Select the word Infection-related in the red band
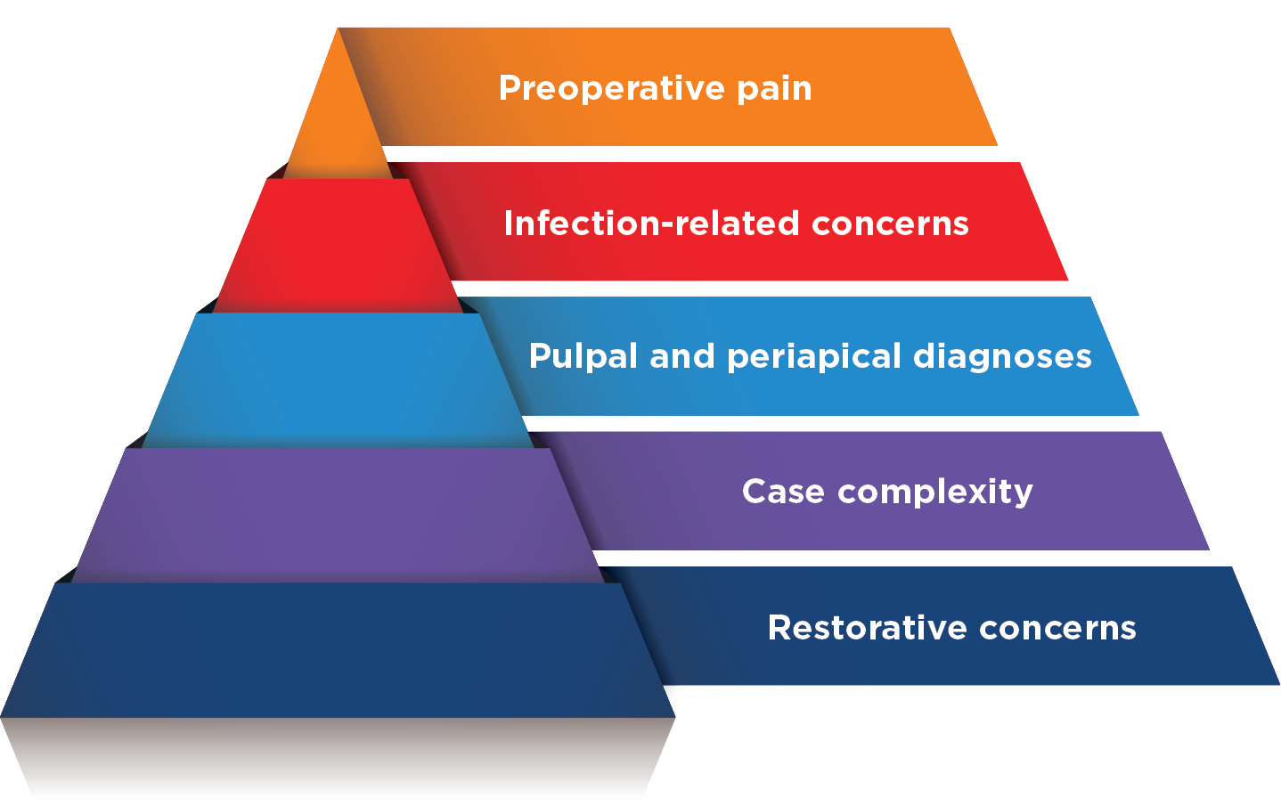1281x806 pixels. [x=650, y=223]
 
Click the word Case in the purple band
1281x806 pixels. [x=783, y=491]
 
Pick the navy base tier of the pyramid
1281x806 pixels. [x=339, y=650]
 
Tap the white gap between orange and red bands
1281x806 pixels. [x=695, y=154]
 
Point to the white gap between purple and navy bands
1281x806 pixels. [x=891, y=558]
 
